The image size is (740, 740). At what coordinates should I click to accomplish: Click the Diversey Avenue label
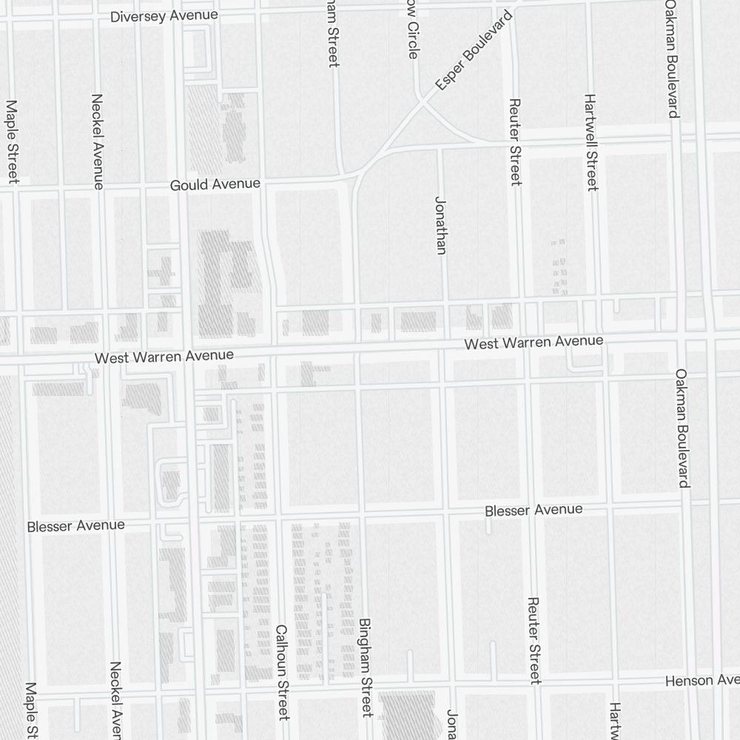click(x=164, y=16)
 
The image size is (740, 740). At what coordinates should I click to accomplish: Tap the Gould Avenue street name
click(x=215, y=184)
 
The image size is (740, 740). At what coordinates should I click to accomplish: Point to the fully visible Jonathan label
click(x=441, y=225)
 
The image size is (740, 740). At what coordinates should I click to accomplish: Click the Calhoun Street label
click(x=281, y=672)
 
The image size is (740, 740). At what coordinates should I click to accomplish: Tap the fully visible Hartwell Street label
click(x=591, y=142)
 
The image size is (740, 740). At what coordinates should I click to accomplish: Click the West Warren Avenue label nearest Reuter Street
click(x=534, y=342)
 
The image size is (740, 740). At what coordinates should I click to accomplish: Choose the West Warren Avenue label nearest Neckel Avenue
click(x=164, y=357)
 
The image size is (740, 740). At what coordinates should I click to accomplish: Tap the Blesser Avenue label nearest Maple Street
click(x=76, y=526)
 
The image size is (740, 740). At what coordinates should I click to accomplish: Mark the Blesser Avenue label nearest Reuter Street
click(x=534, y=510)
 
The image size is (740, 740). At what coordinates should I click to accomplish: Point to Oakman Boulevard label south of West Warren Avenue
click(x=682, y=428)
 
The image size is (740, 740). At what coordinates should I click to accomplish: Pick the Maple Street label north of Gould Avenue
click(x=12, y=141)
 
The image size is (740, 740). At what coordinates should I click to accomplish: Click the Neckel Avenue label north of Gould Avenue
click(x=98, y=141)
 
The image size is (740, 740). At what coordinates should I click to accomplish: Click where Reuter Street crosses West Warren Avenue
click(x=525, y=344)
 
